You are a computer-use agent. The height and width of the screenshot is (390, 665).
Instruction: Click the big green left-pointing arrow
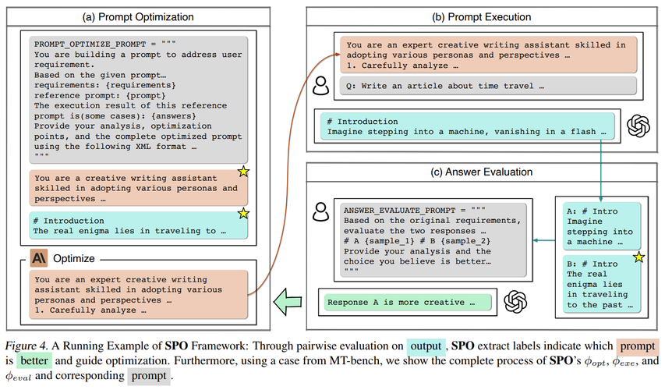pos(288,297)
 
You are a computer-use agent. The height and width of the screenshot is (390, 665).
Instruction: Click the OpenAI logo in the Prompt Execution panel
pos(638,125)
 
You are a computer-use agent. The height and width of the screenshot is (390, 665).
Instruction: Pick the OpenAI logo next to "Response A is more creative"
pos(514,301)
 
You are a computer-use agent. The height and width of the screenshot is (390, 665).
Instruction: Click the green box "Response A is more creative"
pos(407,302)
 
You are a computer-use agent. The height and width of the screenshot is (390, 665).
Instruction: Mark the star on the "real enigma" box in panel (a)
pos(242,213)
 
